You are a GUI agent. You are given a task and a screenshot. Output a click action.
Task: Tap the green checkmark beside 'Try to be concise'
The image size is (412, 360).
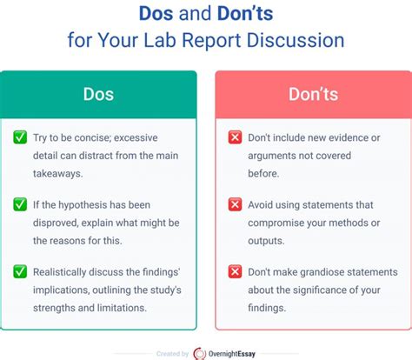point(19,137)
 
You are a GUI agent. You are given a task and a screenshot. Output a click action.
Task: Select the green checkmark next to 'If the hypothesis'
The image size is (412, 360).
point(19,204)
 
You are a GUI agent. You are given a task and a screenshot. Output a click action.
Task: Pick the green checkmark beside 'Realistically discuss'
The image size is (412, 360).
point(19,270)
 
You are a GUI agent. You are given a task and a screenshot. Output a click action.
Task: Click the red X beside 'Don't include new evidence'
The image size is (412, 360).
point(234,137)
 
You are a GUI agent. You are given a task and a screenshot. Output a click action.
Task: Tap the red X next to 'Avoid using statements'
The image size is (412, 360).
point(234,204)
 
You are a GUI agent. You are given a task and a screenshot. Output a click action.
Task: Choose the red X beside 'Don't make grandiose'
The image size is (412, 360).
point(234,270)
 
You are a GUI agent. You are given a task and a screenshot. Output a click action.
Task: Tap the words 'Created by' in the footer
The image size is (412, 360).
point(171,353)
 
